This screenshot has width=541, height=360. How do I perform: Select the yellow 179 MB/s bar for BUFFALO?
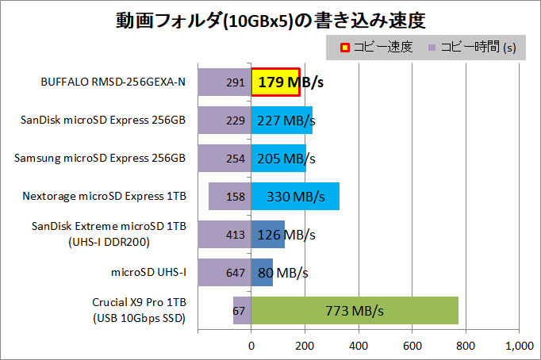click(x=275, y=82)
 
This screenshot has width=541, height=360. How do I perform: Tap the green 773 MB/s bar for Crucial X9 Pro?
click(x=355, y=310)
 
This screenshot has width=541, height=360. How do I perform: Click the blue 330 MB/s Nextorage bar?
click(x=295, y=196)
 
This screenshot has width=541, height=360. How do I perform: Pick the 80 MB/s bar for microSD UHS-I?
click(x=263, y=272)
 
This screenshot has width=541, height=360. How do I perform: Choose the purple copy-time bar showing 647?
click(x=224, y=272)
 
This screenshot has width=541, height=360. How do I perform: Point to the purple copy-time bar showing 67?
click(x=242, y=310)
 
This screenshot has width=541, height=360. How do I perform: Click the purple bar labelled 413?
click(x=224, y=234)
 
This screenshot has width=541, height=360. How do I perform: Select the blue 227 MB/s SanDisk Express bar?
click(x=282, y=120)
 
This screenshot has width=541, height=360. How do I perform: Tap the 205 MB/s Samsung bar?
click(x=278, y=158)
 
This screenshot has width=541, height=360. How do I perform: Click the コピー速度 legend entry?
click(x=373, y=48)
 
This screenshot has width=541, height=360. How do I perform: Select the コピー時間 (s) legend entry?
click(x=471, y=48)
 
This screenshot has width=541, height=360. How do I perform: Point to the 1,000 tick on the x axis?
click(x=519, y=346)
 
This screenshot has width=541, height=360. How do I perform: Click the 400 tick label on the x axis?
click(x=359, y=346)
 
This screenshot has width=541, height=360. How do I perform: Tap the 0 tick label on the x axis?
click(x=251, y=346)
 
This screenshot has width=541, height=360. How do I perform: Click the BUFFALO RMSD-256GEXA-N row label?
click(x=113, y=82)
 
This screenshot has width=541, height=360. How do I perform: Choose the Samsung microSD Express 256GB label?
click(x=100, y=158)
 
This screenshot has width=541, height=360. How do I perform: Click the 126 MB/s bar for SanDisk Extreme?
click(x=268, y=234)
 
